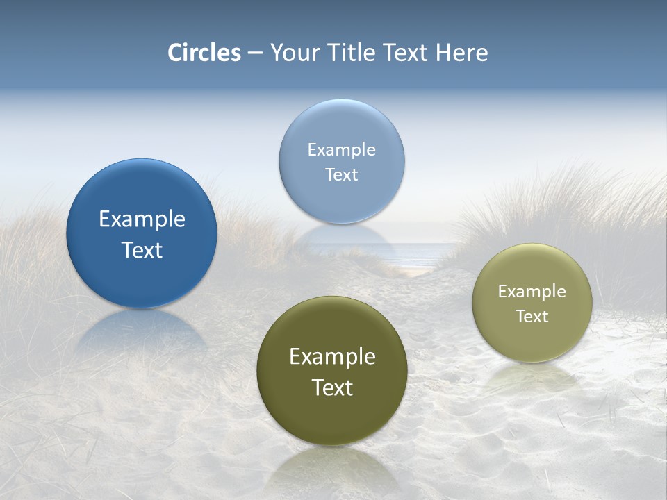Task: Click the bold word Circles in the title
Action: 204,53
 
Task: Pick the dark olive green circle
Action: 332,417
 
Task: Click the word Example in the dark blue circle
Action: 142,219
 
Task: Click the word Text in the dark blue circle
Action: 142,250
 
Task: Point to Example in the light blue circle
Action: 341,150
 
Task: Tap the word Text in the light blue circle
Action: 341,174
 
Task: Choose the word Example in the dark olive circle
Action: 332,357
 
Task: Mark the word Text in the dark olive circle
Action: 332,387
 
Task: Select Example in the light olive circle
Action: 532,292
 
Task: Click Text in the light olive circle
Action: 532,317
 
